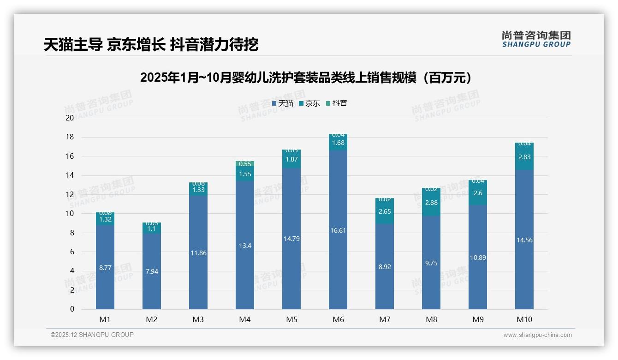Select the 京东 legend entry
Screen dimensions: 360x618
click(309, 103)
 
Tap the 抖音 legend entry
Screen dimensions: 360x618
click(336, 103)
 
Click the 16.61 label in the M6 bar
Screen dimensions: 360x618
click(338, 230)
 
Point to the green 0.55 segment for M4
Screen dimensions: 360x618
click(245, 164)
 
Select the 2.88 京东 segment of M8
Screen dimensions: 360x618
click(431, 203)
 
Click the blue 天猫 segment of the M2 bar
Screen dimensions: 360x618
click(152, 271)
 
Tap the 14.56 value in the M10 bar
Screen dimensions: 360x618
click(524, 240)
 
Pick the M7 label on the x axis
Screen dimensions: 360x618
click(385, 319)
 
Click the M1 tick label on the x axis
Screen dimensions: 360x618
click(105, 319)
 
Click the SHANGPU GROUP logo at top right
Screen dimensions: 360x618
click(536, 39)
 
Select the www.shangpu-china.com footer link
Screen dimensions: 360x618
click(537, 335)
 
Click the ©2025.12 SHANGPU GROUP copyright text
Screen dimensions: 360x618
click(92, 335)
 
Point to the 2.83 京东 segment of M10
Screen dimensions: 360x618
click(524, 157)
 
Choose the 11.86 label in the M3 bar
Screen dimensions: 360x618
click(198, 253)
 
